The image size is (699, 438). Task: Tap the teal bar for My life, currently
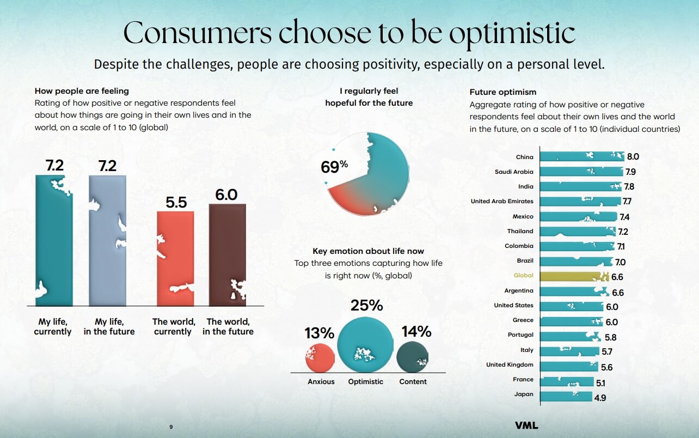coord(54,240)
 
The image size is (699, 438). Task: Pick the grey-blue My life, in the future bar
coord(107,240)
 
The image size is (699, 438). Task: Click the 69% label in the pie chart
coord(334,166)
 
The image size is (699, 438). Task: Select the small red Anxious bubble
coord(320,357)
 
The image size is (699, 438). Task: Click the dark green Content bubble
coord(413,357)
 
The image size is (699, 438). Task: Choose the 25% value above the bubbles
coord(366,306)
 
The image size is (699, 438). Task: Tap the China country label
coord(525,157)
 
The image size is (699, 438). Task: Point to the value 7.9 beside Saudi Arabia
coord(631,172)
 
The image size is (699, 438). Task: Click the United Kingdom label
coord(510,365)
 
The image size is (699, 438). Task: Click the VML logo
coord(526,425)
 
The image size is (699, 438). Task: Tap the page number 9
coord(171,427)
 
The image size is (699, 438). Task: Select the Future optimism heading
coord(502,92)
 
